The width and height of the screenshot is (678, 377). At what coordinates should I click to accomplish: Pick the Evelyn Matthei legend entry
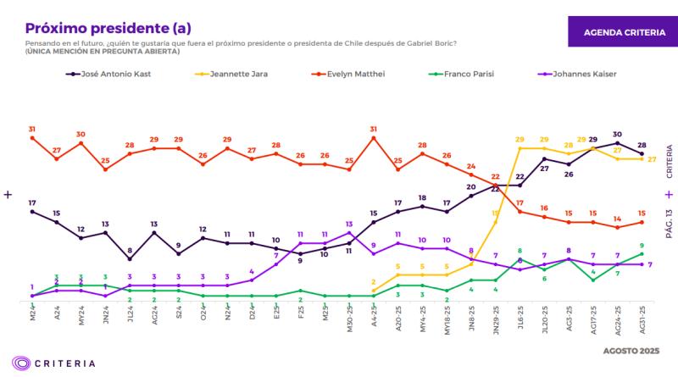point(348,75)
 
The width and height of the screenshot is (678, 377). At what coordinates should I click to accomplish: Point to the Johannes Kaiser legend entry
point(576,75)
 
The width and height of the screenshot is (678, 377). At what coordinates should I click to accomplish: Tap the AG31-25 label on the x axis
point(641,322)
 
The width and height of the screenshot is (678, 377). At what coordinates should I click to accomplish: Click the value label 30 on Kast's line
point(618,134)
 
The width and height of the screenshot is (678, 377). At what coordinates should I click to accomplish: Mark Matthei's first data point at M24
point(32,138)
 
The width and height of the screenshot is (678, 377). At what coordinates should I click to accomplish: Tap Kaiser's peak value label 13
point(349,224)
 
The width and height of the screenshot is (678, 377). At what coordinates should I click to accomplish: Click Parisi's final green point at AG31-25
point(642,253)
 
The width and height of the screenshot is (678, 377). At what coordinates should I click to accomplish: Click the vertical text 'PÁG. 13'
point(670,225)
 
